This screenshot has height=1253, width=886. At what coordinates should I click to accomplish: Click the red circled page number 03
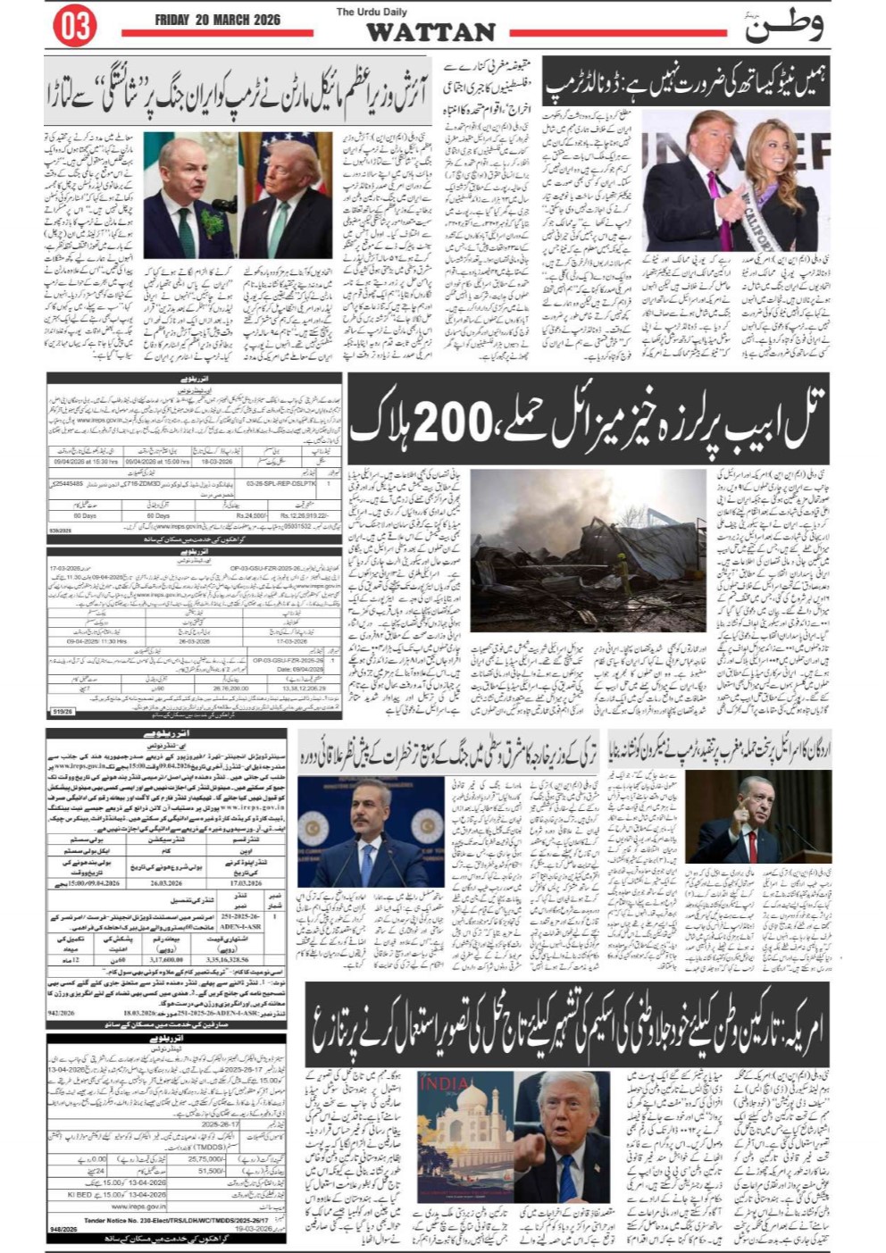75,27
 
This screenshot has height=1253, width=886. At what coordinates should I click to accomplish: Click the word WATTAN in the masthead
430,33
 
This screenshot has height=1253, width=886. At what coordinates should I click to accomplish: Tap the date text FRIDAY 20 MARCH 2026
217,20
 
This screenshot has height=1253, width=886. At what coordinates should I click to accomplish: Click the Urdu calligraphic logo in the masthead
784,27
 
